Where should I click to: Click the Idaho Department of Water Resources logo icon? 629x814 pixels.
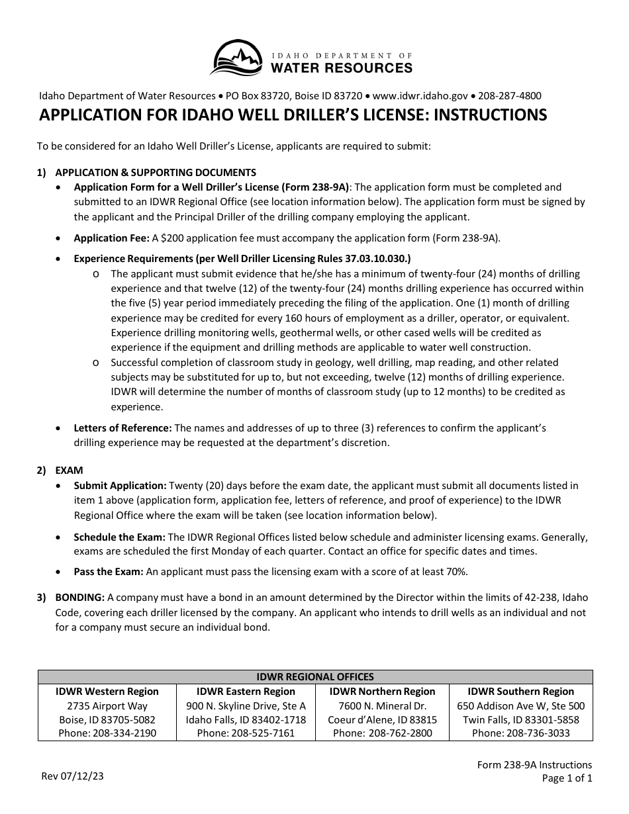point(238,58)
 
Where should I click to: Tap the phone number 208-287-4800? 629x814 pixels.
point(509,96)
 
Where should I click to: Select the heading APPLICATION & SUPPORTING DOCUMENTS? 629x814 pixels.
point(156,173)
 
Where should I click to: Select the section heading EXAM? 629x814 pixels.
point(69,471)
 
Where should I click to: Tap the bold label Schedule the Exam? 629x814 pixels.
point(120,537)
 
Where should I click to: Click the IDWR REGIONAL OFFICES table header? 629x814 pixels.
point(315,677)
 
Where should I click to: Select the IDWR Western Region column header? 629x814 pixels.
point(107,692)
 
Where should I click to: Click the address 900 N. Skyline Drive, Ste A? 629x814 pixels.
point(246,706)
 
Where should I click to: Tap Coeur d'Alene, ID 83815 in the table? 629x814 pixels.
point(382,720)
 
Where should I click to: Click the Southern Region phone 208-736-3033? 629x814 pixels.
point(520,733)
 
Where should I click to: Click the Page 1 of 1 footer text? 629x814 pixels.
point(567,779)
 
